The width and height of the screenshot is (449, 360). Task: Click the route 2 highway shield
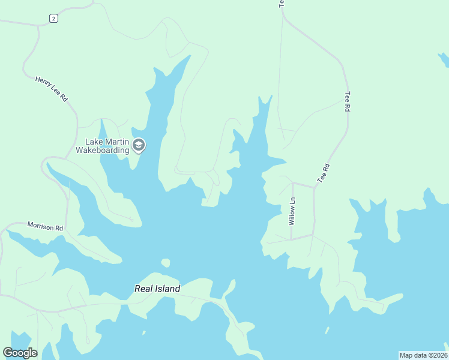click(54, 19)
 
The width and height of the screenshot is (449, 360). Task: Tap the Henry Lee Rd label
click(52, 88)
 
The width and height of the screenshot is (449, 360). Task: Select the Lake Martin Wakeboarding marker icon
click(139, 145)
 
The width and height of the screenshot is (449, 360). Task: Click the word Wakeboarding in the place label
click(106, 150)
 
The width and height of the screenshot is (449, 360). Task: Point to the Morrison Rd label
click(45, 227)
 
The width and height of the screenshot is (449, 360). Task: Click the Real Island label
click(157, 289)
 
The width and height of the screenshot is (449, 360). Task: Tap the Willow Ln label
click(292, 211)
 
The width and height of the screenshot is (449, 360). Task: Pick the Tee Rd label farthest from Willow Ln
click(347, 101)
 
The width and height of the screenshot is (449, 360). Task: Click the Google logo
click(20, 353)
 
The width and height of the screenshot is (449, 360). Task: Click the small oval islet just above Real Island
click(165, 262)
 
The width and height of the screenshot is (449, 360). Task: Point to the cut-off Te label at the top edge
click(280, 3)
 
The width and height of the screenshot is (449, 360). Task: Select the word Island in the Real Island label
click(166, 289)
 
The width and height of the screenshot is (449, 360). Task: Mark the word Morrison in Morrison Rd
click(41, 226)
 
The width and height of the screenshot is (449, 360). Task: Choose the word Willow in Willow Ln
click(292, 215)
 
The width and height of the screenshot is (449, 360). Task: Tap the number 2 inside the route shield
click(54, 19)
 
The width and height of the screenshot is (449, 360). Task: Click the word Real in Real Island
click(142, 289)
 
